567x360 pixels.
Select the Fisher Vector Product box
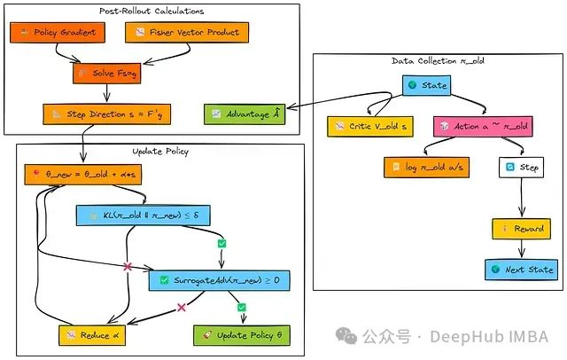pyautogui.click(x=188, y=33)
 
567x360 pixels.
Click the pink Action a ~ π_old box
pyautogui.click(x=482, y=127)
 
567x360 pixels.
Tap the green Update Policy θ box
pyautogui.click(x=241, y=335)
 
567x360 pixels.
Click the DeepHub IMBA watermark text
pyautogui.click(x=489, y=337)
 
